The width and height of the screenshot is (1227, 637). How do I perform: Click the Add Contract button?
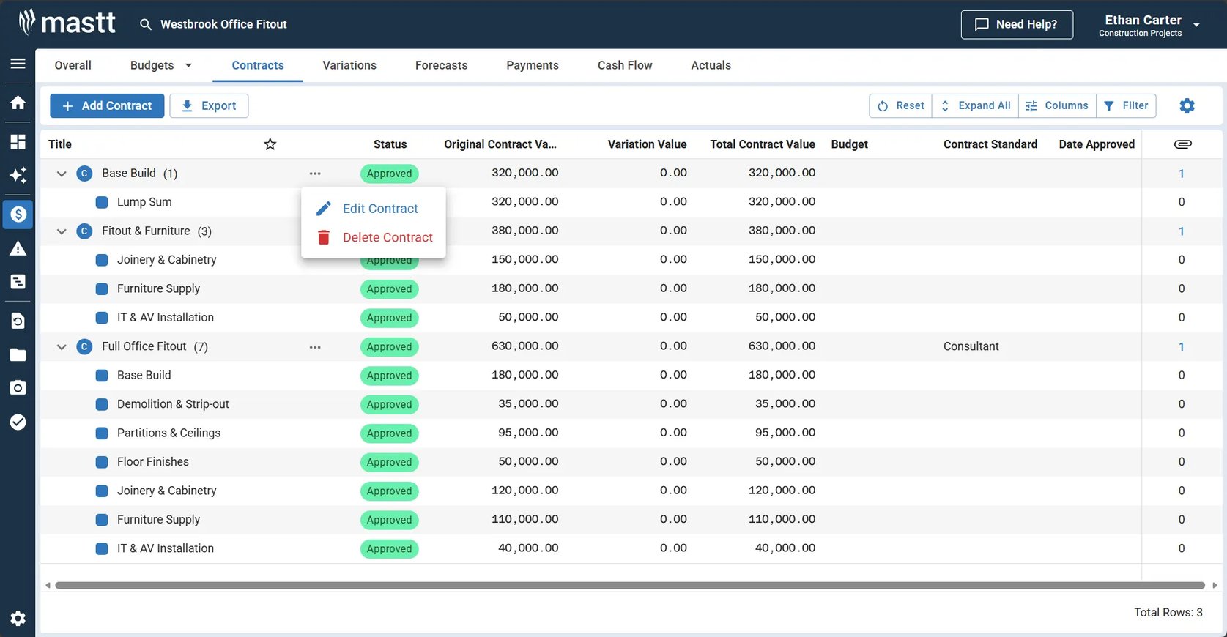[107, 105]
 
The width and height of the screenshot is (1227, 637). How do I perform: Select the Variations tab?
[349, 65]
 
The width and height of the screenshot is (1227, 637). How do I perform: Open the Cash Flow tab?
[624, 65]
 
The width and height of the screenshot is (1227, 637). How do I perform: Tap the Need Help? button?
[1017, 25]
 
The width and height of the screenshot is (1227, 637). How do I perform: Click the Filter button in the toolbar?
[1126, 105]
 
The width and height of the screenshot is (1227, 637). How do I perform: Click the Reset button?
[900, 105]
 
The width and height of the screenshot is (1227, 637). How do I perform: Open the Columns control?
[1057, 105]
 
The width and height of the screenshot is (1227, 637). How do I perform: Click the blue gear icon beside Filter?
[1187, 105]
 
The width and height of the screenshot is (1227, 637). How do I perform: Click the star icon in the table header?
[270, 144]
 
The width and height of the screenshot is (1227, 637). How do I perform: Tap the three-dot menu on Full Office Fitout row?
[315, 347]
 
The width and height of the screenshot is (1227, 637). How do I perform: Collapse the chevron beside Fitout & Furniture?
[62, 231]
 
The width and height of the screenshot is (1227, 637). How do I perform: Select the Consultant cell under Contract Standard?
[971, 346]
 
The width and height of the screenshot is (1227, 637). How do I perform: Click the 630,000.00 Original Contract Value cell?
[524, 346]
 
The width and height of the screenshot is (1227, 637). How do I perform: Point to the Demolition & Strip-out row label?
[173, 403]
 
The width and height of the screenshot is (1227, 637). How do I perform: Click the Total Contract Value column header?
[763, 144]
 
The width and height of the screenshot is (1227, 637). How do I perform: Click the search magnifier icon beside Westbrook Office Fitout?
[145, 25]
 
